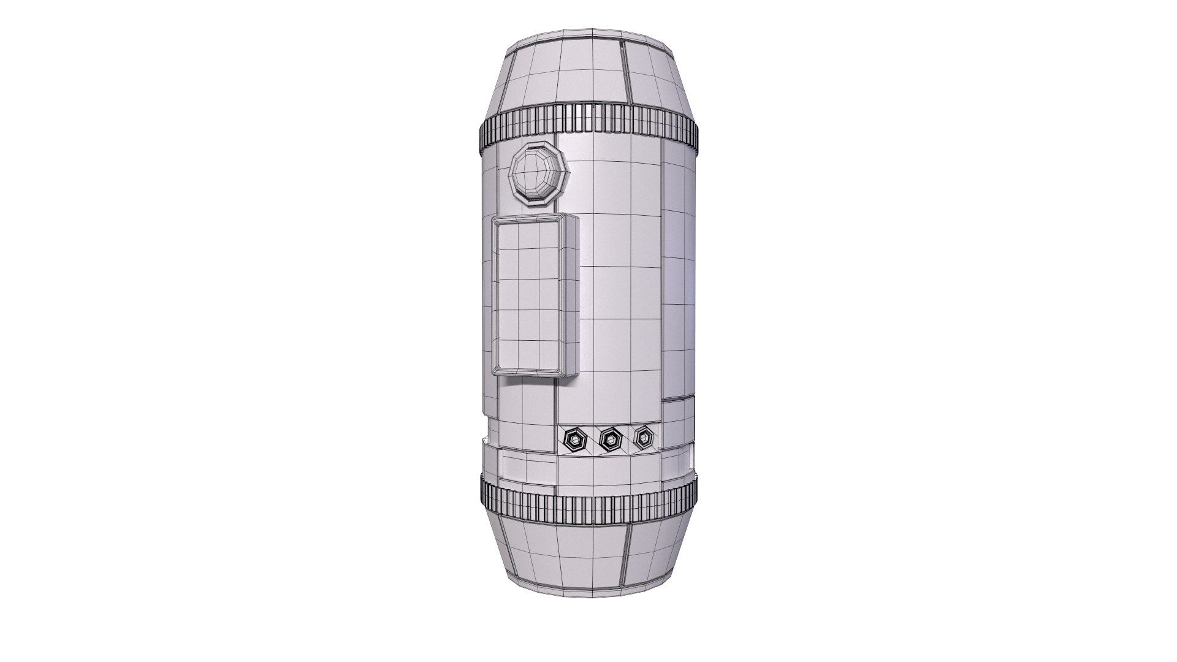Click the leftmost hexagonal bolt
574,439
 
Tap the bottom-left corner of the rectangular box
494,372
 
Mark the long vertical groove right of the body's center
661,276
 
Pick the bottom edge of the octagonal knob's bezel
539,202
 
